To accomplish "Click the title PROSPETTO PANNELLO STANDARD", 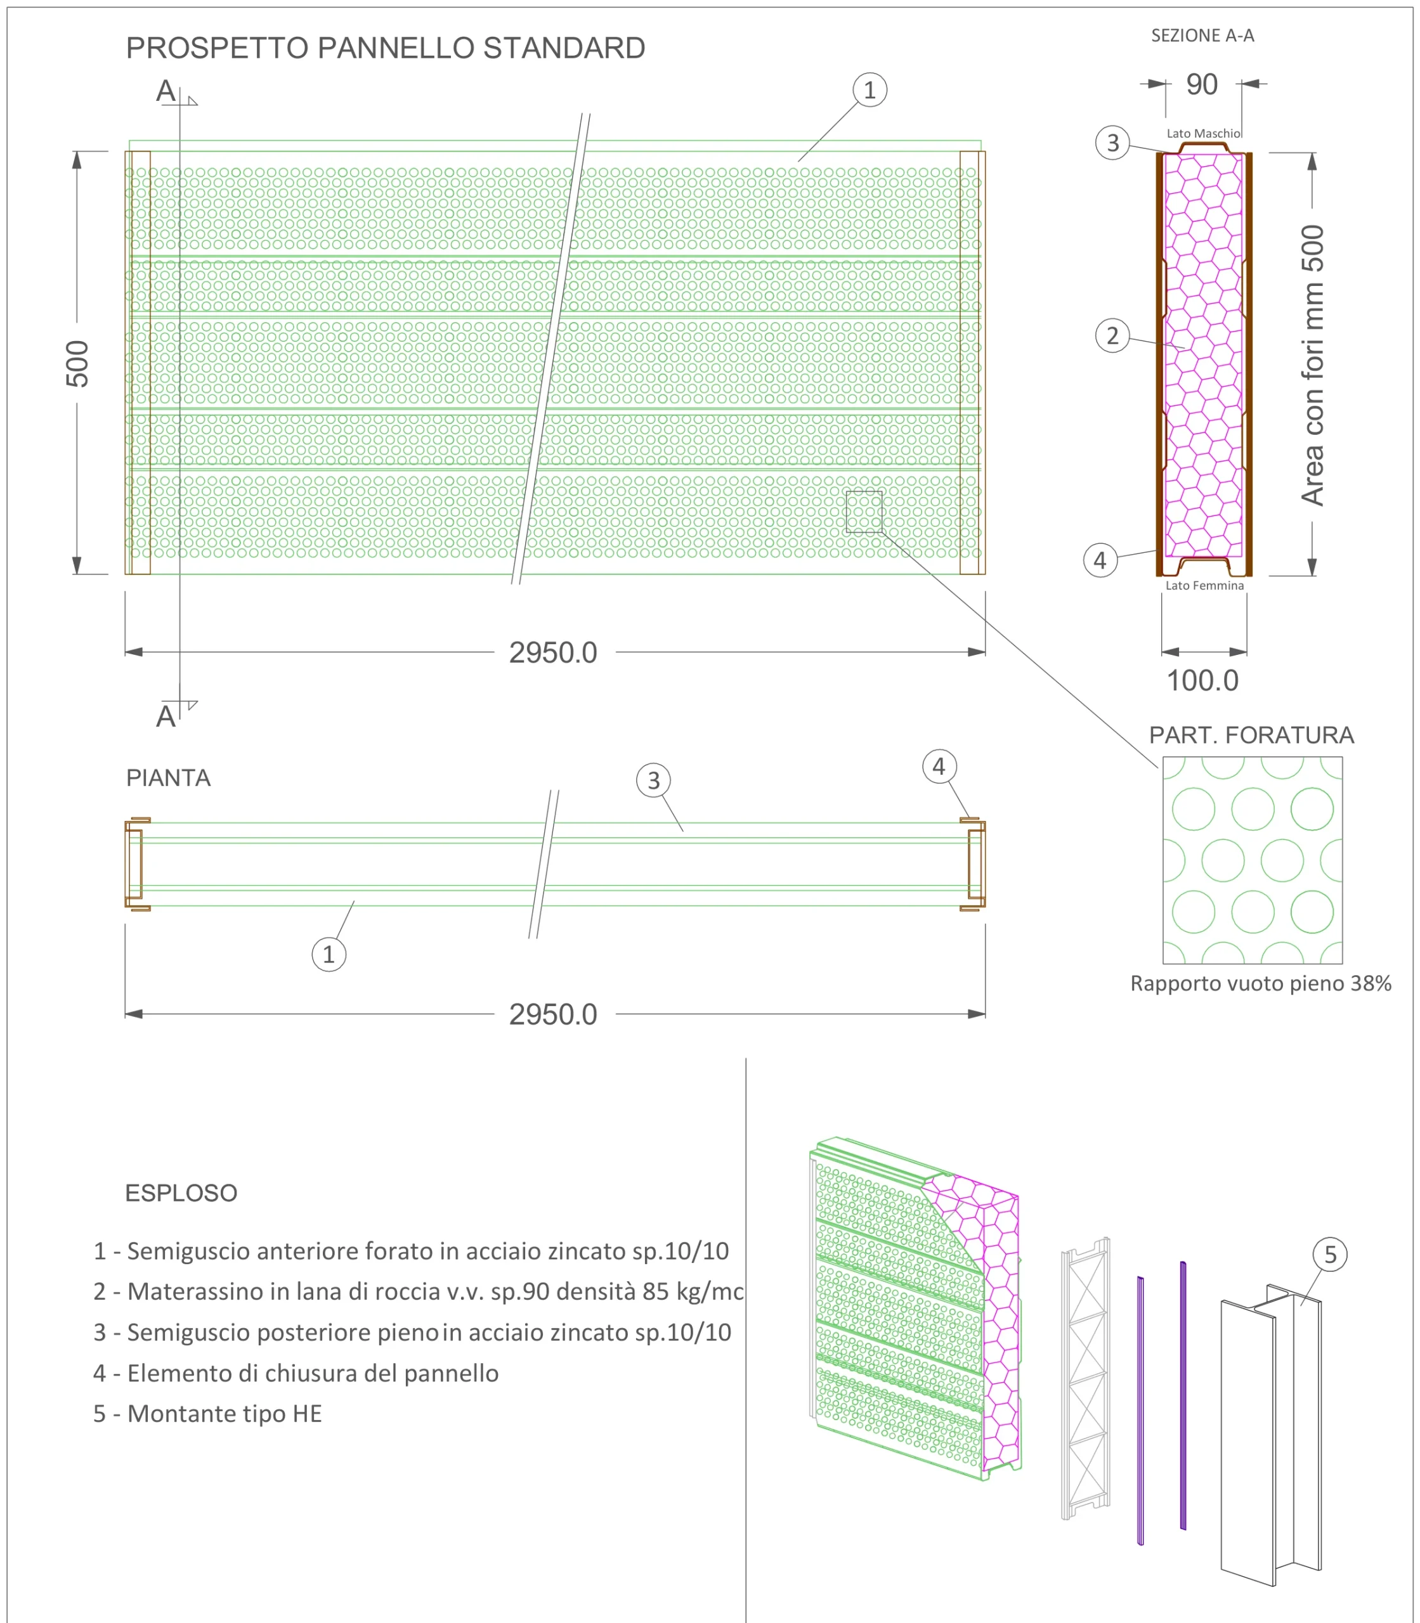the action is click(x=385, y=48).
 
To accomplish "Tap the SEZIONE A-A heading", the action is click(x=1202, y=36).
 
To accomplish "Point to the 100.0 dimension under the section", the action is click(x=1202, y=680).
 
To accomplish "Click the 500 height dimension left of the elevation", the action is click(x=77, y=363).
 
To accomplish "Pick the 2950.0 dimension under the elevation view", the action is click(x=553, y=652).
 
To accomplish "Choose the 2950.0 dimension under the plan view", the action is click(x=553, y=1014).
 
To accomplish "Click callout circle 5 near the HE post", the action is click(x=1331, y=1255).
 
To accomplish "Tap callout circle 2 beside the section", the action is click(x=1112, y=336).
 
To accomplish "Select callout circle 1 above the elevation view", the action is click(x=870, y=90).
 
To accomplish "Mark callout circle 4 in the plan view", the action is click(x=939, y=766).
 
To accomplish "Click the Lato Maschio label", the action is click(x=1204, y=134).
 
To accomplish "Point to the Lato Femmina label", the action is click(x=1204, y=585).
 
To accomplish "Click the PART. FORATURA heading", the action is click(x=1252, y=735).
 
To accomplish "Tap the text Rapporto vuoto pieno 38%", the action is click(x=1261, y=984).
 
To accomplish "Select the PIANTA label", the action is click(x=169, y=778).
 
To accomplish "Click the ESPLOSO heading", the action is click(x=181, y=1193).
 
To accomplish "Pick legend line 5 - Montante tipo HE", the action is click(x=207, y=1414).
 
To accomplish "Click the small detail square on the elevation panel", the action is click(x=864, y=512).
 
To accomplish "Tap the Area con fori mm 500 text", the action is click(x=1313, y=365).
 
